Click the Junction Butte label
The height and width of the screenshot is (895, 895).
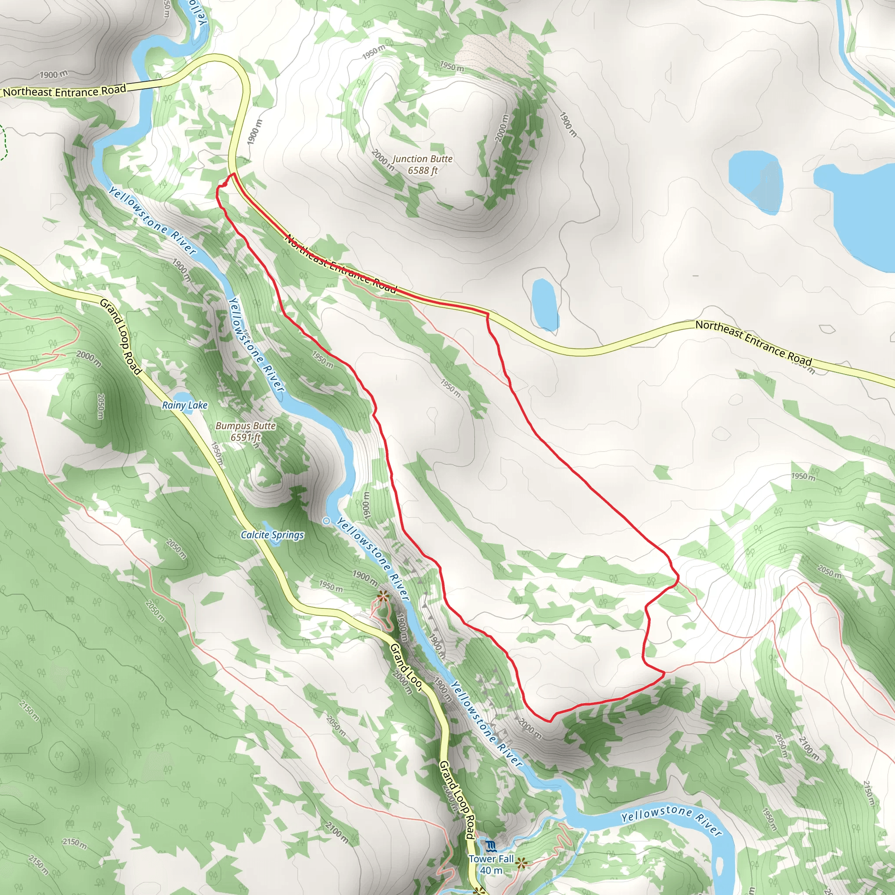pos(422,159)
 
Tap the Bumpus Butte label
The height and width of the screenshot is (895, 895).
pos(246,426)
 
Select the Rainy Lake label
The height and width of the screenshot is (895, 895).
pos(185,406)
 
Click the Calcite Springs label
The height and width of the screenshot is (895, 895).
pos(272,535)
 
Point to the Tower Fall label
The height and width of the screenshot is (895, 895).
pos(491,859)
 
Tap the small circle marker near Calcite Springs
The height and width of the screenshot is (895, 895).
pos(326,521)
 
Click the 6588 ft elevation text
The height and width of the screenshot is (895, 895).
pos(423,170)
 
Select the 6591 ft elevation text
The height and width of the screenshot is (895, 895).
pos(246,437)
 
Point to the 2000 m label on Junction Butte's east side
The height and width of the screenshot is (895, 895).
pos(502,128)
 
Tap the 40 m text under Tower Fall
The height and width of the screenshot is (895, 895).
pos(491,871)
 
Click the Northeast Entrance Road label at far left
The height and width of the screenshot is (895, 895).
pos(64,91)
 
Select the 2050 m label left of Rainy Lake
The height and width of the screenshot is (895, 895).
pos(101,406)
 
